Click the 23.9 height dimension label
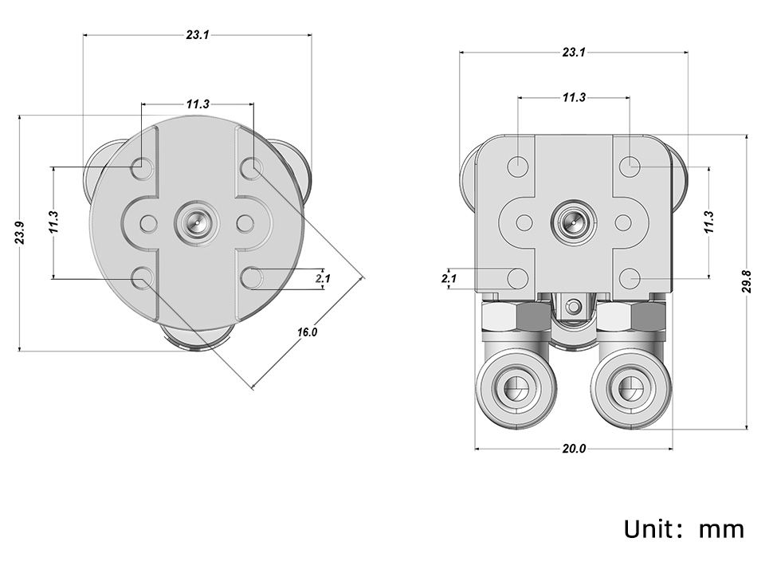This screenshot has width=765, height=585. (x=19, y=234)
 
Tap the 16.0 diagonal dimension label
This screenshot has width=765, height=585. (x=308, y=332)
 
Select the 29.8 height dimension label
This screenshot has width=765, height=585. (x=747, y=281)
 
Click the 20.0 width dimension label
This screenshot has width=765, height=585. (x=574, y=449)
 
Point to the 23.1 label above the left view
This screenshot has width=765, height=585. (x=198, y=34)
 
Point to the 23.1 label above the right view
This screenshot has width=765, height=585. (x=574, y=52)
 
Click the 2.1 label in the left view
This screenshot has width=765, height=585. (x=323, y=278)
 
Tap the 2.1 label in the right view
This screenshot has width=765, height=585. (x=449, y=278)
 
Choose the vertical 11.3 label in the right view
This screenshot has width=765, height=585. (x=709, y=222)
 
